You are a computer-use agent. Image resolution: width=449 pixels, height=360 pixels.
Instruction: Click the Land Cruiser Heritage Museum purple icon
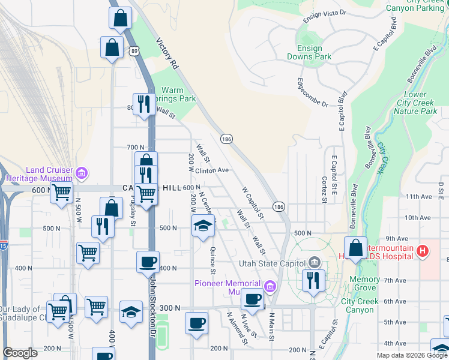click(x=82, y=174)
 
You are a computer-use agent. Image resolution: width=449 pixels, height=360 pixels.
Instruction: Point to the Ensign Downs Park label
click(x=314, y=52)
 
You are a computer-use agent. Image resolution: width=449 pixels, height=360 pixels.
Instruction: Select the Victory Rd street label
click(x=167, y=53)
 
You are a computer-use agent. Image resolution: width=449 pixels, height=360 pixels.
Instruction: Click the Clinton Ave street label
click(x=212, y=170)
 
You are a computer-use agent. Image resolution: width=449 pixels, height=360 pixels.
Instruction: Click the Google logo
click(x=20, y=352)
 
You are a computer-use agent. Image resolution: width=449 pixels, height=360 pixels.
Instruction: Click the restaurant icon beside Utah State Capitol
click(x=314, y=281)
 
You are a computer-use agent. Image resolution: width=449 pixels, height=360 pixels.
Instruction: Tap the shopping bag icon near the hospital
click(x=355, y=248)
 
